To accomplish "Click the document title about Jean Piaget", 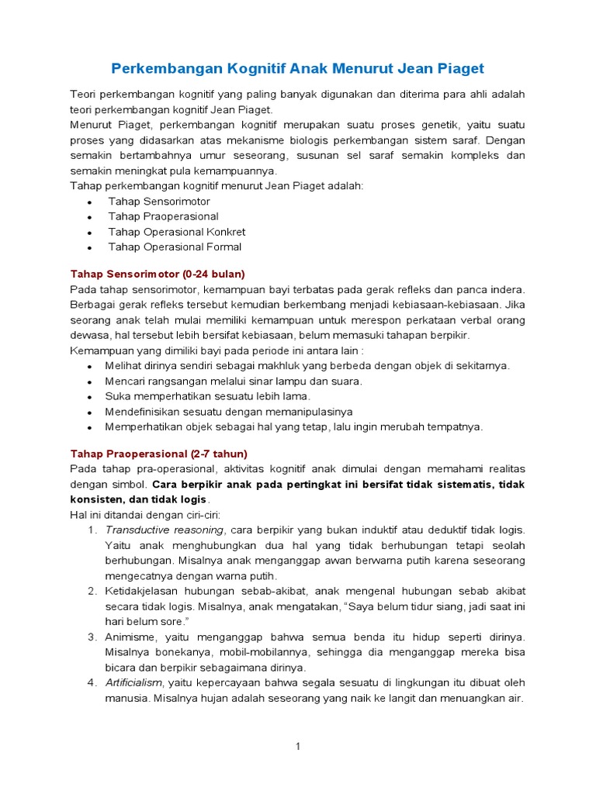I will pos(297,68).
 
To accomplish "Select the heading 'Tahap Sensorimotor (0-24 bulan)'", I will pos(158,274).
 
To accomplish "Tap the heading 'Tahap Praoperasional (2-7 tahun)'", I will pos(158,454).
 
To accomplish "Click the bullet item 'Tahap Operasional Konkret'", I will pos(177,232).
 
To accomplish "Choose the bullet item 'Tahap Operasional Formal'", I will pos(175,247).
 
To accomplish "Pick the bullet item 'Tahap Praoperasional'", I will pos(163,216).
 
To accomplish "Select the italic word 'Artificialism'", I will pos(135,682).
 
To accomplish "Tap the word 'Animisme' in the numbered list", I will pos(129,637).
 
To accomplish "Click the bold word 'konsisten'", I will pos(95,499).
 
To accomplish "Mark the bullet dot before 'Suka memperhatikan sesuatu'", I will pos(90,397).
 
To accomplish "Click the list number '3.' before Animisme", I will pos(91,637).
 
